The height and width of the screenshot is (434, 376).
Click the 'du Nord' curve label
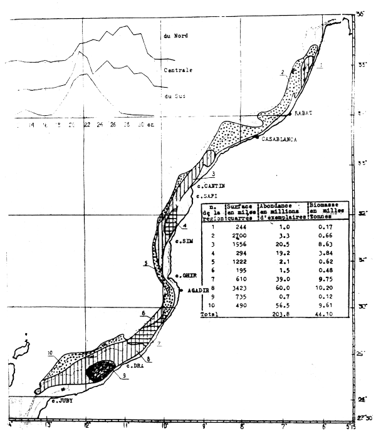[175, 36]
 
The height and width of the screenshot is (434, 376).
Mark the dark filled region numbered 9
[99, 371]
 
